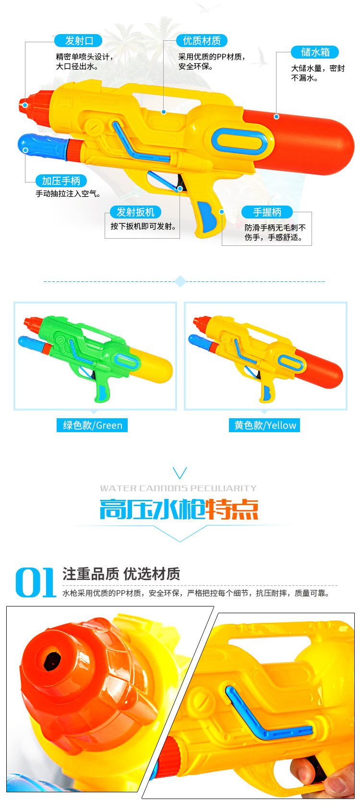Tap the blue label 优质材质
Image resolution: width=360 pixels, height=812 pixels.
coord(202,41)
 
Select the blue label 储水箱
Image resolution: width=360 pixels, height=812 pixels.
coord(315,52)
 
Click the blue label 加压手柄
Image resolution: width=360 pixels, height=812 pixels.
coord(61,181)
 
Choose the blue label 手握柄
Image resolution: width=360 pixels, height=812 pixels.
coord(267,212)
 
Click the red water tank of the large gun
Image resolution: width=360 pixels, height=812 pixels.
coord(307,139)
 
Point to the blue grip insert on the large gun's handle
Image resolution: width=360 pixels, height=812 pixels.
coord(206,216)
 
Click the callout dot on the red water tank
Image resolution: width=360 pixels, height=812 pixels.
coord(276,117)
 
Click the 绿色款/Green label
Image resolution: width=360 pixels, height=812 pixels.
coord(92,425)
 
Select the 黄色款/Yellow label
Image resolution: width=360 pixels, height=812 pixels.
coord(264,425)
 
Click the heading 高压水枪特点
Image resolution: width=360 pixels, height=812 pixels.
coord(179,509)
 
